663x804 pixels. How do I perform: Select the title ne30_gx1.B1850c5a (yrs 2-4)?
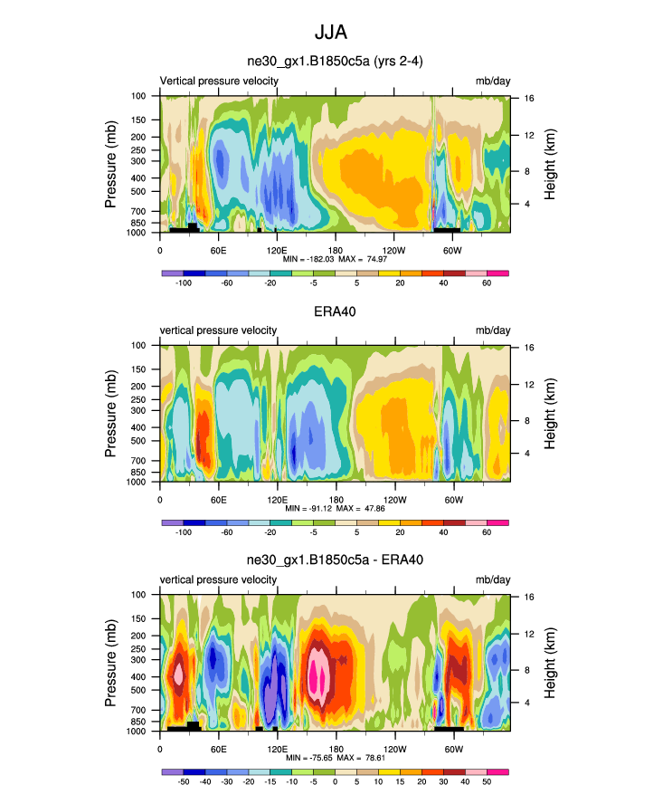pos(335,62)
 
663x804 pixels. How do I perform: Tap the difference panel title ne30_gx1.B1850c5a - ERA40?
pos(335,560)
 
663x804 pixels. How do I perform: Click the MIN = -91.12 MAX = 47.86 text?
pos(336,509)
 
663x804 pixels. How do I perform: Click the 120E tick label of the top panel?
pos(277,250)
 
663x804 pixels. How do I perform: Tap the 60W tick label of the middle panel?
pos(452,500)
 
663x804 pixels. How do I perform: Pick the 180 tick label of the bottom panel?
pos(336,749)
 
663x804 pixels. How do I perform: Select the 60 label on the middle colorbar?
pos(487,533)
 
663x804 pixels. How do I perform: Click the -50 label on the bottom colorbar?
pos(184,781)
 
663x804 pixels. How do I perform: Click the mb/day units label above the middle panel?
pos(493,330)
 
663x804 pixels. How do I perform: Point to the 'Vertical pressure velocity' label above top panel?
pos(219,81)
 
